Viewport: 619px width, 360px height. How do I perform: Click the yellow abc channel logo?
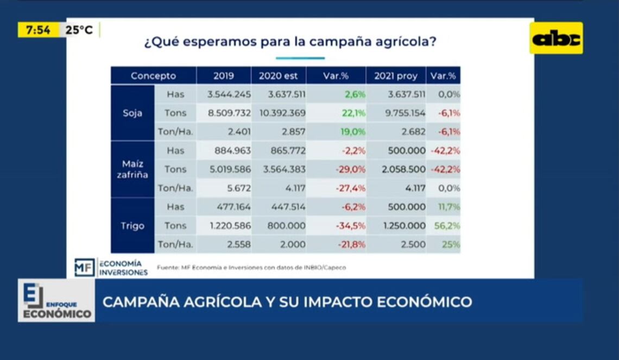556,38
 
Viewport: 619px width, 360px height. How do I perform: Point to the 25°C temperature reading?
79,30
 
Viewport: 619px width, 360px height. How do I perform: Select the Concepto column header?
153,76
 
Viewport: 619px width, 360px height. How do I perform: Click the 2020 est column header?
278,76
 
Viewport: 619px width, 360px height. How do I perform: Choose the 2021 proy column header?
396,76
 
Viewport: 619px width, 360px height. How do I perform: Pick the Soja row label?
132,113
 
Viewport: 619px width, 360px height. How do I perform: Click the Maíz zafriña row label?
132,169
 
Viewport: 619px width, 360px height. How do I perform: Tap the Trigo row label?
132,225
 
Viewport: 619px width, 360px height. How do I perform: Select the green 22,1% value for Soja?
355,113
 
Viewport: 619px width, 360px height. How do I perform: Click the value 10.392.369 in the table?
279,113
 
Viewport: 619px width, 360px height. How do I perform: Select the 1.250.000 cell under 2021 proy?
403,225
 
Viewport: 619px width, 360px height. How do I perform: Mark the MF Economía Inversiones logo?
111,268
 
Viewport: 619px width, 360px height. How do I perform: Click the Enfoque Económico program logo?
56,301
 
